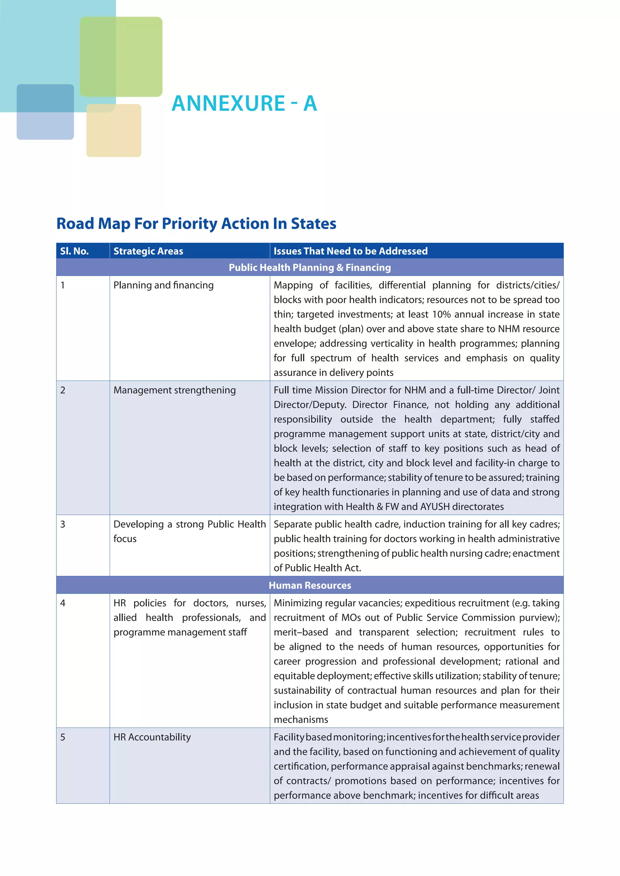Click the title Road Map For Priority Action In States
click(x=196, y=224)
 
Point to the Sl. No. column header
click(x=74, y=251)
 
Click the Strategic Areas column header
click(x=148, y=251)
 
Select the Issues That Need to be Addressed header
click(x=351, y=251)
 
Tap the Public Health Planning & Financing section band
click(x=310, y=267)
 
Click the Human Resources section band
click(x=310, y=585)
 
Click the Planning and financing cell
click(x=163, y=285)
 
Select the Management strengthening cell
click(x=174, y=390)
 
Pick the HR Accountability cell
click(x=152, y=737)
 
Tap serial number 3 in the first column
click(x=63, y=525)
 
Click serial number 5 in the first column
click(x=63, y=737)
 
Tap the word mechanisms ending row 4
click(x=301, y=720)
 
